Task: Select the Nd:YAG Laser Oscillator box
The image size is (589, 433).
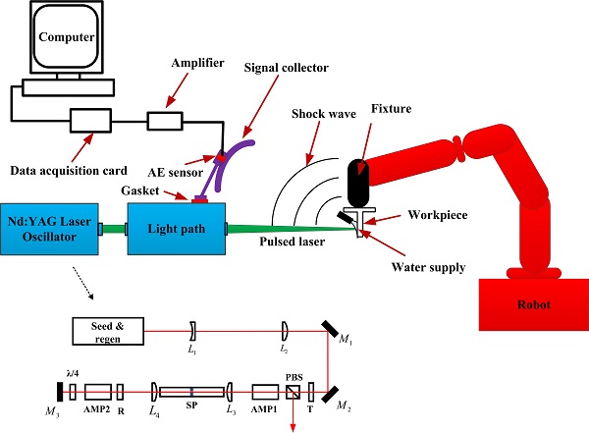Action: tap(50, 229)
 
